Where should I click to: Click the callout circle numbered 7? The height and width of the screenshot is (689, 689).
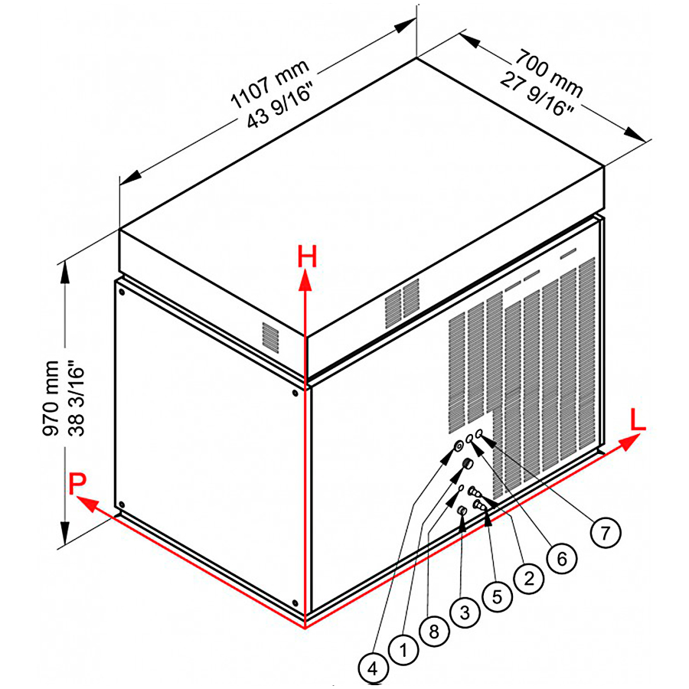coord(606,533)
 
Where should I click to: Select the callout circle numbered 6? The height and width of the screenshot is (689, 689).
coord(562,559)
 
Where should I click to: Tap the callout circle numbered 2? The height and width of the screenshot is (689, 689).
coord(528,578)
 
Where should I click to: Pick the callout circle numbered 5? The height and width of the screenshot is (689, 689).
coord(497,596)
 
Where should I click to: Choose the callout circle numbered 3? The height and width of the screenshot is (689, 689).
coord(465,612)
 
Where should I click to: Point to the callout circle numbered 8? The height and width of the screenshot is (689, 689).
coord(434,632)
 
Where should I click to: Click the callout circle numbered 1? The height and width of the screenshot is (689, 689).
coord(403,650)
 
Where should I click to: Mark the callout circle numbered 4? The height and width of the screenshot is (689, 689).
coord(373,669)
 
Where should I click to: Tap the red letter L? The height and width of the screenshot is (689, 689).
coord(638,420)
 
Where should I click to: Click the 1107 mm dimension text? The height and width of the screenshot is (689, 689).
coord(270,84)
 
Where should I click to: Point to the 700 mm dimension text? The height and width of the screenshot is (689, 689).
coord(549,73)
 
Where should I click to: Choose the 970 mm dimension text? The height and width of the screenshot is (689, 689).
coord(51,398)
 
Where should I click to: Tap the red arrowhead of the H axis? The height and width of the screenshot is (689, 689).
coord(305,281)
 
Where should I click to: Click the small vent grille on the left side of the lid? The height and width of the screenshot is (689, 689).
coord(271,335)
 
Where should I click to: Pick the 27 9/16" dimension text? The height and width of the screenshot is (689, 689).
coord(537,94)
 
